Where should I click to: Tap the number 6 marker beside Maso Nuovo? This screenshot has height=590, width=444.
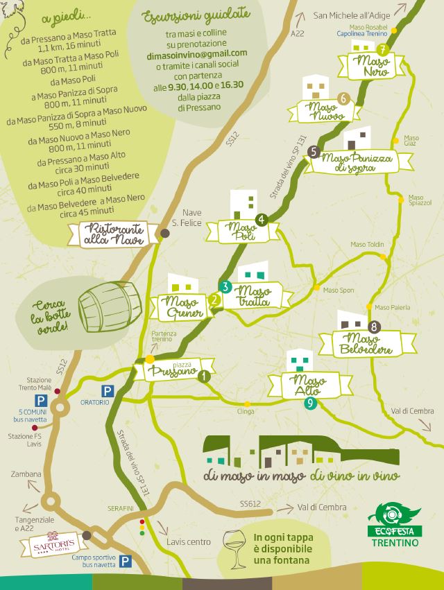[341, 98]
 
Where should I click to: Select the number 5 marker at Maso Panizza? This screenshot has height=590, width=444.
[314, 150]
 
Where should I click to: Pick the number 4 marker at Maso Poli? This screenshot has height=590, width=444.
[262, 220]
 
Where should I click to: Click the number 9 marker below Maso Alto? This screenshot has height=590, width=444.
[310, 402]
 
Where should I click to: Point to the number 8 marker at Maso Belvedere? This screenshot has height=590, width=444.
[375, 326]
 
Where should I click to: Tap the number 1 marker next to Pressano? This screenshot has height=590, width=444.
[204, 376]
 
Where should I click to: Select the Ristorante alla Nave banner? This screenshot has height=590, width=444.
[115, 235]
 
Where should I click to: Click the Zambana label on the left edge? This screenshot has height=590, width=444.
[26, 474]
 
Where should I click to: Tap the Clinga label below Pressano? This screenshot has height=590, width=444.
[246, 412]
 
